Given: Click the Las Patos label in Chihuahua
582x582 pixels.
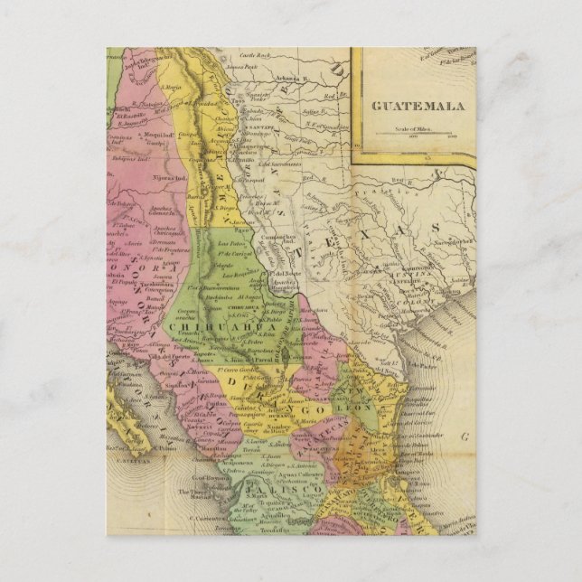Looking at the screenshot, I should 230,244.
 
